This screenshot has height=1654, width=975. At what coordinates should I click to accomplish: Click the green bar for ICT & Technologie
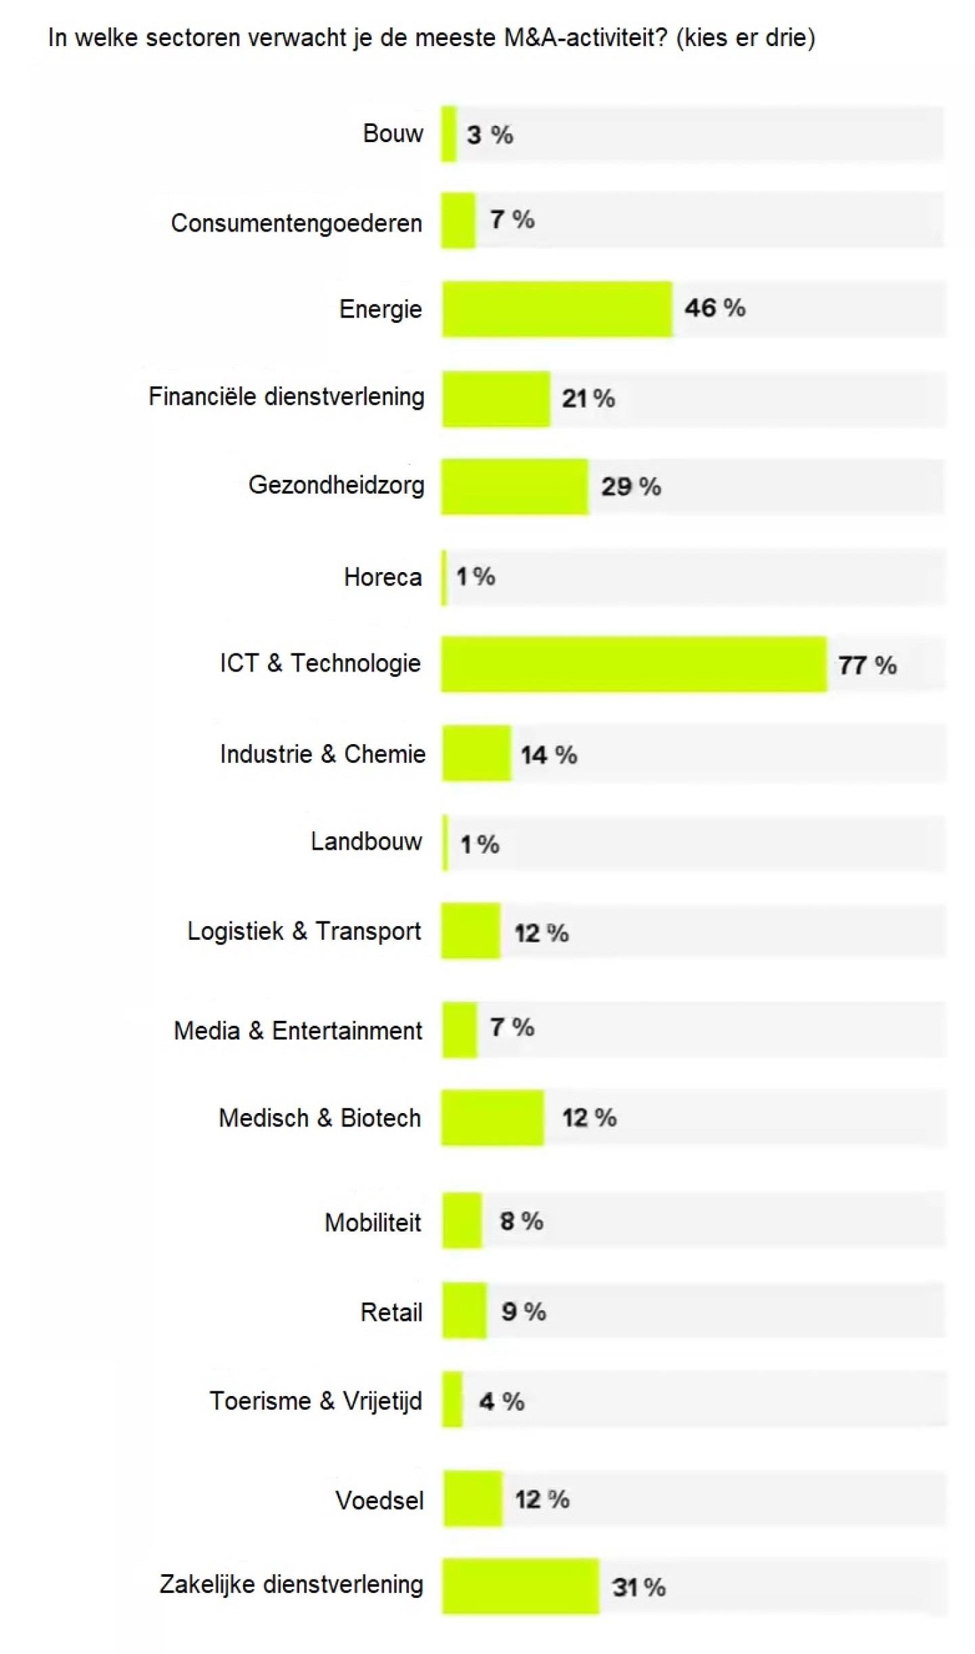point(634,664)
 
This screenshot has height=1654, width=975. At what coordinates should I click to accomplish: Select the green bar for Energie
point(557,309)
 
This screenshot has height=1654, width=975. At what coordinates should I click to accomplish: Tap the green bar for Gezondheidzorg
point(515,486)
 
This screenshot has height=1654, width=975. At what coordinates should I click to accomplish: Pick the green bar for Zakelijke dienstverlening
point(521,1586)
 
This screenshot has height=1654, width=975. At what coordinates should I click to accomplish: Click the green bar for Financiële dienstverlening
point(496,399)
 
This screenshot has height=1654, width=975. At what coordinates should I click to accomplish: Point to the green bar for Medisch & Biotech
point(492,1117)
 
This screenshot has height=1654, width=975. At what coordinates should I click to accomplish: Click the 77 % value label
point(867,665)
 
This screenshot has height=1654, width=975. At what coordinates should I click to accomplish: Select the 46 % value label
point(715,308)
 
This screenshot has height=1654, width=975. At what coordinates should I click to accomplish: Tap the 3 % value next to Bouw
point(490,135)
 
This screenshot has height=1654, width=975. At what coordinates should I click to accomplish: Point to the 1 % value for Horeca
point(475,577)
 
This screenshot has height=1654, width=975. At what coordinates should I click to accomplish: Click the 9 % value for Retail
point(523,1311)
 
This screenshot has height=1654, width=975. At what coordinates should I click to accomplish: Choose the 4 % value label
point(502,1401)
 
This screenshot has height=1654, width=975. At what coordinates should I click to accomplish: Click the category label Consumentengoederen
point(297,223)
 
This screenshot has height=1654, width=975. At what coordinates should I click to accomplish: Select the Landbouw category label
point(366,842)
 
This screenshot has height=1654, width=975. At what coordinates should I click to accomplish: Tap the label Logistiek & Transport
point(304,931)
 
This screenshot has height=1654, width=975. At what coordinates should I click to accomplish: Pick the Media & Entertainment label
point(298,1030)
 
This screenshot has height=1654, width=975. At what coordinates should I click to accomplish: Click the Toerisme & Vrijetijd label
point(316,1401)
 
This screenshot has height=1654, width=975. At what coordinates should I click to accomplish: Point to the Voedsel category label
point(379,1500)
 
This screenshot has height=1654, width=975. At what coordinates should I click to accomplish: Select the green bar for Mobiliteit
point(462,1221)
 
